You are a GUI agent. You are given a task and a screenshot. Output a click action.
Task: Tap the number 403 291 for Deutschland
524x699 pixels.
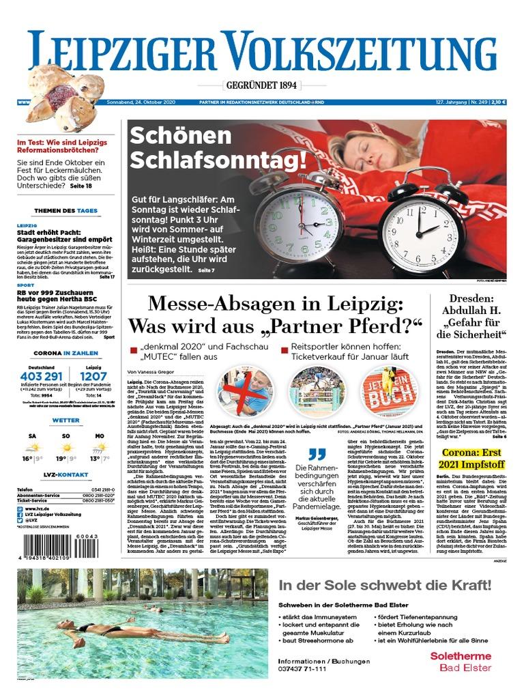click(x=42, y=376)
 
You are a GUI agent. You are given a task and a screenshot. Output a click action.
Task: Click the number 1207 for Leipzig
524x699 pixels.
click(x=93, y=376)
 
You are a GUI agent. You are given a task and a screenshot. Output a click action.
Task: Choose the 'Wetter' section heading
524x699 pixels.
click(x=66, y=420)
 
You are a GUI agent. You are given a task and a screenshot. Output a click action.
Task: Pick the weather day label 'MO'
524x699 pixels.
click(x=100, y=435)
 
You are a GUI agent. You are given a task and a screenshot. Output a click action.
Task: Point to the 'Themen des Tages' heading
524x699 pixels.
click(x=66, y=211)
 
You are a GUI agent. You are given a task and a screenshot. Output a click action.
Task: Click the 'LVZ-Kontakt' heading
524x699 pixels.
click(x=66, y=474)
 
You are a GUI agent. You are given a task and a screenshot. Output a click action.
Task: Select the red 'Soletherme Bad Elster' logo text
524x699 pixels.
click(x=460, y=661)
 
